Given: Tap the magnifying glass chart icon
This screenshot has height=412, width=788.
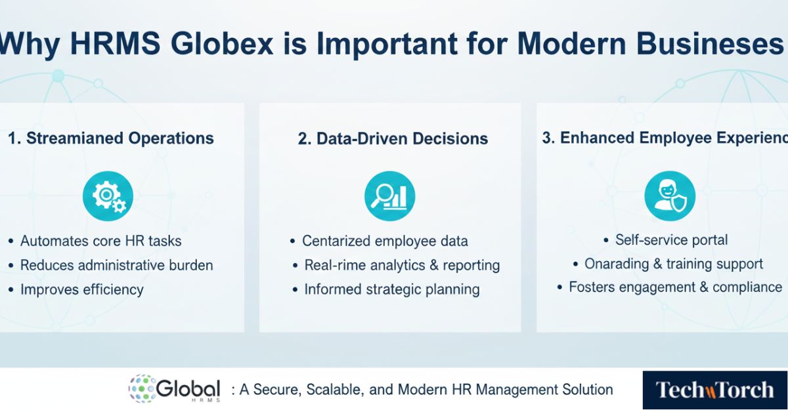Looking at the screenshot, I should (x=389, y=196).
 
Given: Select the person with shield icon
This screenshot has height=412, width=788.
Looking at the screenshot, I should (x=669, y=196).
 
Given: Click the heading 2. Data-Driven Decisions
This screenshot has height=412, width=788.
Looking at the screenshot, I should (x=393, y=138).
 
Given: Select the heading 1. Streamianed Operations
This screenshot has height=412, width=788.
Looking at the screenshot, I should (x=111, y=138).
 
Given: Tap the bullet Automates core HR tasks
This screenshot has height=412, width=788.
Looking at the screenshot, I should (x=100, y=241).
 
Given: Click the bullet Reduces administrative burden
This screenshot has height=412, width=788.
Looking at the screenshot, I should (x=116, y=265).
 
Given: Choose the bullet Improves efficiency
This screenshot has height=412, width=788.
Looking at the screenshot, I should (x=81, y=289).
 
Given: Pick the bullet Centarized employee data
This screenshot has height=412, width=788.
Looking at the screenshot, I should (x=385, y=241).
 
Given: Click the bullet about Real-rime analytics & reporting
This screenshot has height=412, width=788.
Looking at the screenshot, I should (x=402, y=265).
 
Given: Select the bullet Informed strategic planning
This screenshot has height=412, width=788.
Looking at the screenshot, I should (x=391, y=289).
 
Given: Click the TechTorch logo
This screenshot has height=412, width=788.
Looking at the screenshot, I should (x=714, y=390).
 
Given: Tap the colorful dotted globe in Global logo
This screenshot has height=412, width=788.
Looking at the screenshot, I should (x=142, y=388).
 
